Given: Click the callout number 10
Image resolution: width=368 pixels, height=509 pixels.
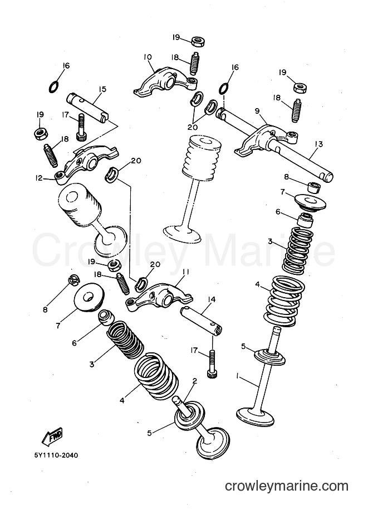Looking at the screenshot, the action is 147,57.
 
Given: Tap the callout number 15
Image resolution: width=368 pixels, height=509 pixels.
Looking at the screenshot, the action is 102,89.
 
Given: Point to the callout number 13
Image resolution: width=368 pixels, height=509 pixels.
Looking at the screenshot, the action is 318,144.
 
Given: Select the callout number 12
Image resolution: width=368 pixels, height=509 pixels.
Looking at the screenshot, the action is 39,178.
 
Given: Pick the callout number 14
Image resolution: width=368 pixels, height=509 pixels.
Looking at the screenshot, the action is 212,299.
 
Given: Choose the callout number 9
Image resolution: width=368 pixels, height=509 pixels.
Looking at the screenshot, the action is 257,111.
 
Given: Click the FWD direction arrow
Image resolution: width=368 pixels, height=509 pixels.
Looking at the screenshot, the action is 52,437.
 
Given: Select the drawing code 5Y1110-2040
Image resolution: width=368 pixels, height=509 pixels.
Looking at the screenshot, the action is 56,455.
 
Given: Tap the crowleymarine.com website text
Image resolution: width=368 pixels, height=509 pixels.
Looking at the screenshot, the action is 287,486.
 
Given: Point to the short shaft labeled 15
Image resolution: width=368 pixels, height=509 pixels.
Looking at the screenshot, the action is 87,108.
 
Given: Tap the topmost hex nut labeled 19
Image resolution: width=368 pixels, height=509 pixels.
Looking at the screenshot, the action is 197,42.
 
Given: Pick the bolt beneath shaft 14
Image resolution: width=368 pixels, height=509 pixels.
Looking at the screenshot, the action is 212,363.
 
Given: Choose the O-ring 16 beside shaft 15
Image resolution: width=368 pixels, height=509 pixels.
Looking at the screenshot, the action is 54,86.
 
